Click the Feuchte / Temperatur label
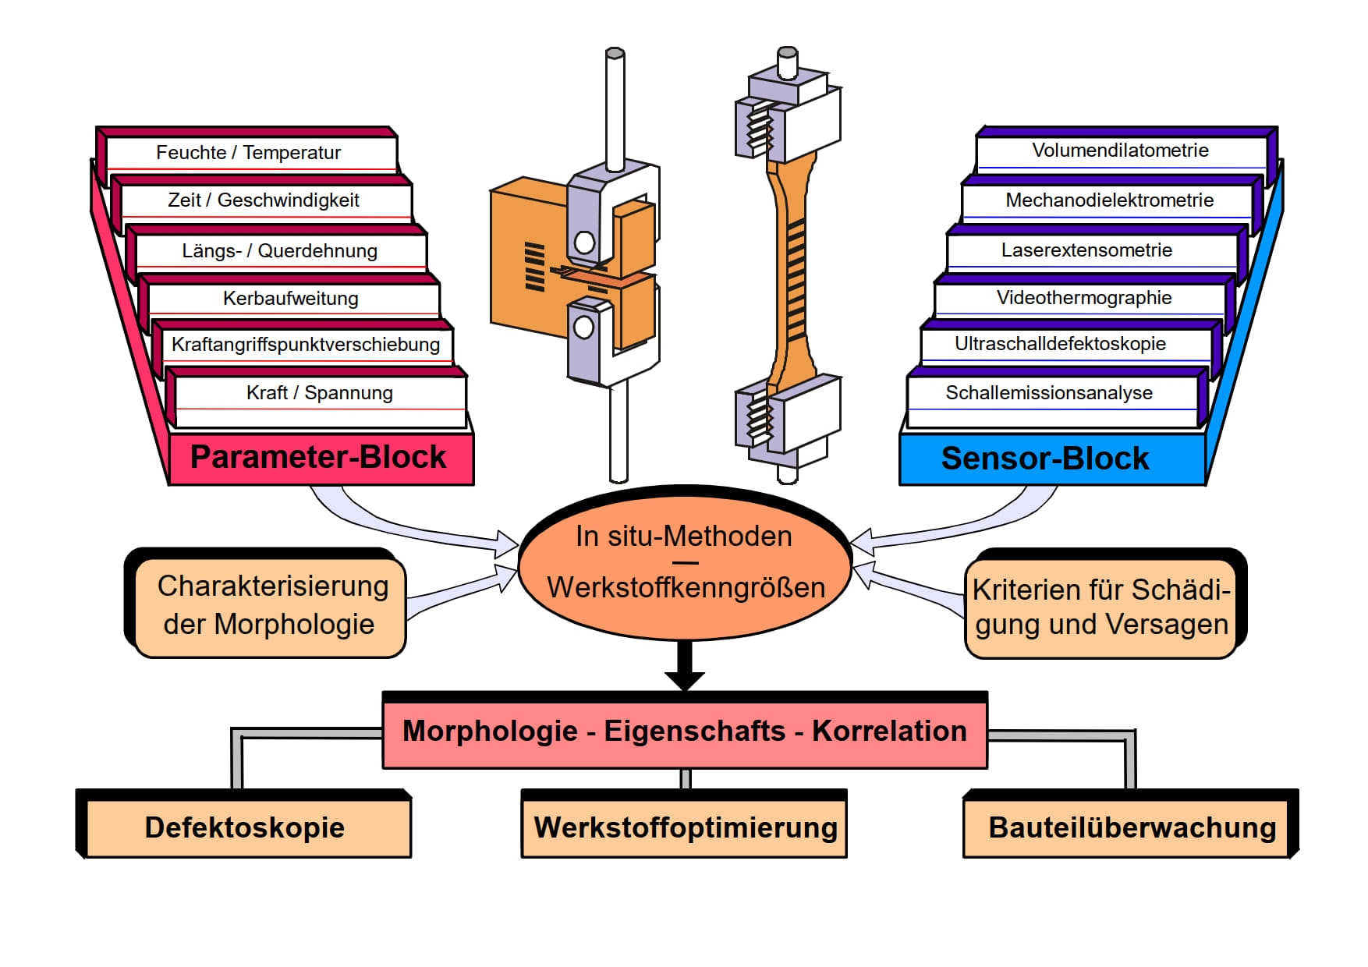248,153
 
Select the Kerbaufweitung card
290,299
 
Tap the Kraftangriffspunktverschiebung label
305,345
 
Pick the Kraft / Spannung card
319,393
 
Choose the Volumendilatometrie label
1120,151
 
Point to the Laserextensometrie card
1086,250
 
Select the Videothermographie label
1083,298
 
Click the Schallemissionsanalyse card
1049,393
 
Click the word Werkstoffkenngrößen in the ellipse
686,588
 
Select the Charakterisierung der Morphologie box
270,606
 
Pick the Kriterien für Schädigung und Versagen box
1100,607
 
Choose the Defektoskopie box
246,828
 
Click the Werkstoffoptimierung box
684,828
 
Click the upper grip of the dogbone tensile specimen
788,117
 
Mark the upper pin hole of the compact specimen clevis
584,243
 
